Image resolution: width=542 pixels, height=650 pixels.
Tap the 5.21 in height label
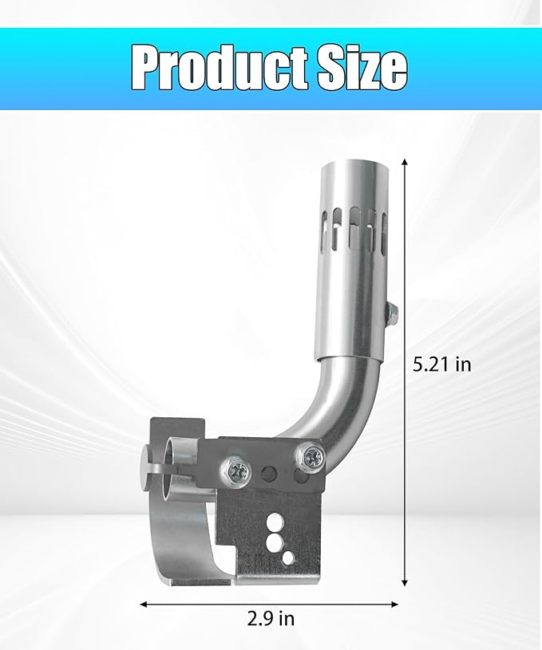pos(441,365)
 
